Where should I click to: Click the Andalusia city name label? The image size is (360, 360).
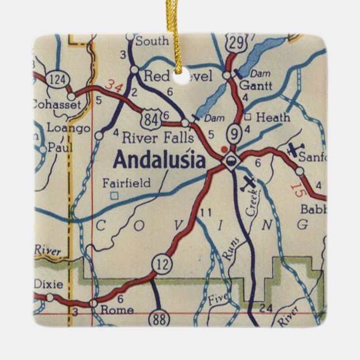click(159, 160)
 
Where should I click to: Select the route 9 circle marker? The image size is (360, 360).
click(234, 134)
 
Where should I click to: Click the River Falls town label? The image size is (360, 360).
click(158, 137)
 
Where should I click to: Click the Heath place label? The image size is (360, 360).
click(274, 117)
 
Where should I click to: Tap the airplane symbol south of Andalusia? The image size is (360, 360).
click(249, 182)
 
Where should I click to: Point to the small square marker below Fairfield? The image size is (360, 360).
click(114, 196)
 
